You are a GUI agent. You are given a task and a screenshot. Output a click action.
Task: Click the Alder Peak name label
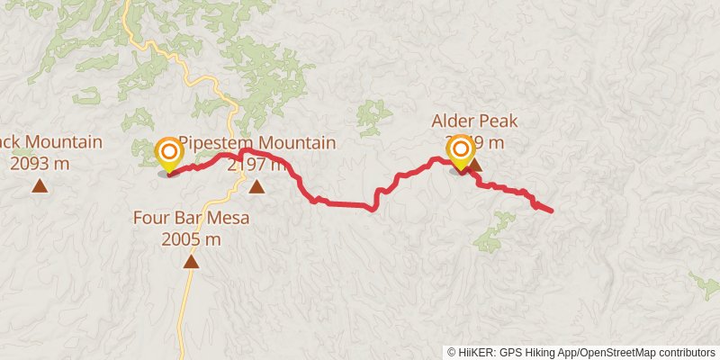(474, 121)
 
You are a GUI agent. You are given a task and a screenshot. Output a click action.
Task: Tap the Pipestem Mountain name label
(256, 143)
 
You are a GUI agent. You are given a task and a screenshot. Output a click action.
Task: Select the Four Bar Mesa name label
(190, 217)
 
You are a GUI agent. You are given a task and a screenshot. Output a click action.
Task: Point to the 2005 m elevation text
(191, 239)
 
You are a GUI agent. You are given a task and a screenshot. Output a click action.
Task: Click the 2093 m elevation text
(40, 164)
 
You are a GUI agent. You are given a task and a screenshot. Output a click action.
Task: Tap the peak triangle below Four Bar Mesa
(191, 262)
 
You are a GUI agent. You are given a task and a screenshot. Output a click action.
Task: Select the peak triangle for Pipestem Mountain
(256, 187)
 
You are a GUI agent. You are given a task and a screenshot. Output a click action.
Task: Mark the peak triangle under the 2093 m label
(40, 186)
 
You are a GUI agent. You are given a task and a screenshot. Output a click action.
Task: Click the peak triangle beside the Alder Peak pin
(476, 165)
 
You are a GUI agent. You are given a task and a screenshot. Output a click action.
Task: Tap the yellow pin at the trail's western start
(167, 153)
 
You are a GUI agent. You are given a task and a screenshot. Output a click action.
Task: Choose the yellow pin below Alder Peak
(460, 150)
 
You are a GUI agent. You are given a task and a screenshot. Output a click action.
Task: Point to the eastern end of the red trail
(551, 211)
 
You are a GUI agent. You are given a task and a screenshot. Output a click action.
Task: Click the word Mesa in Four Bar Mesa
(227, 217)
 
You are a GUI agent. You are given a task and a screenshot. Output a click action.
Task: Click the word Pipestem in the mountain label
(217, 143)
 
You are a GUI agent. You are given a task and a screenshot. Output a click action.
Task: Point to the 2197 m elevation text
(258, 165)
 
